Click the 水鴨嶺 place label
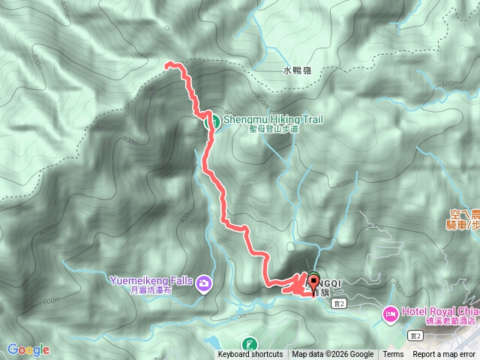click(296, 70)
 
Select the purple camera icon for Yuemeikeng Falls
click(204, 283)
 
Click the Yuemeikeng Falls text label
click(152, 280)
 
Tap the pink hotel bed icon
click(390, 313)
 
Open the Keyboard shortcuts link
click(250, 355)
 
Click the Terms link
click(393, 355)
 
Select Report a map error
click(445, 355)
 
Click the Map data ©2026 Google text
click(333, 355)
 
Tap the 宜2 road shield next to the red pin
click(341, 302)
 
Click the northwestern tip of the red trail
click(167, 65)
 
